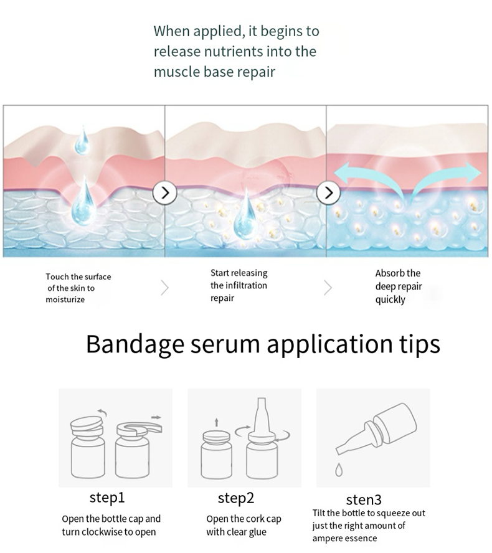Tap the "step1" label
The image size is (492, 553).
[107, 498]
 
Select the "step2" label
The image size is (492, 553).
[236, 498]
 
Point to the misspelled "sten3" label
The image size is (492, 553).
[364, 500]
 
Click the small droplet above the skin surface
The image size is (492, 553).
[82, 141]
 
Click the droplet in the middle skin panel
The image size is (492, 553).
[245, 218]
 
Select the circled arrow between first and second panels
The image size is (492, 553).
[165, 192]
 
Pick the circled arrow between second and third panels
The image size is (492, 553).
[328, 192]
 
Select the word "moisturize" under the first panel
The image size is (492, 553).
[65, 300]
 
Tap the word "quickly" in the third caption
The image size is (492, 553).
[390, 300]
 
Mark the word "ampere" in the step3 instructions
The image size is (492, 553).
[328, 539]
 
